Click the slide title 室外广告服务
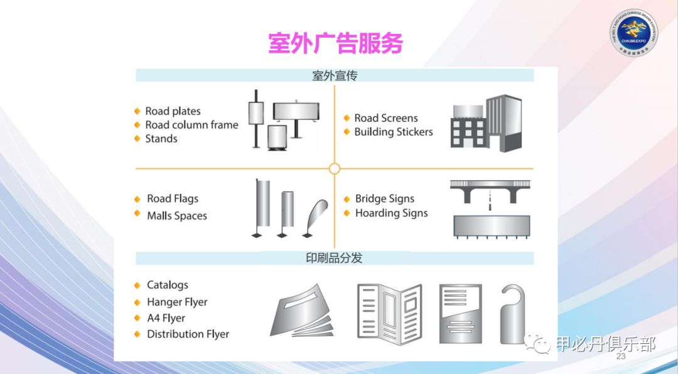[335, 44]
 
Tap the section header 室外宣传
[335, 76]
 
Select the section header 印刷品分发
[335, 259]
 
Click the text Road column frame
[191, 125]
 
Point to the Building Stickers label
[394, 132]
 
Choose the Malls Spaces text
[177, 216]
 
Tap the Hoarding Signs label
[391, 213]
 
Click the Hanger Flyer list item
[177, 302]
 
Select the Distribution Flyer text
[188, 334]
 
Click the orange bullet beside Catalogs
[137, 285]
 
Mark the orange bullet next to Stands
[137, 139]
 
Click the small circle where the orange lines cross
[335, 169]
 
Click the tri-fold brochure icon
[389, 313]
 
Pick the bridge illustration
[492, 191]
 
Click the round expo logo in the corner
[633, 31]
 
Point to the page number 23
[621, 356]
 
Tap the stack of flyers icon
[304, 312]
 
